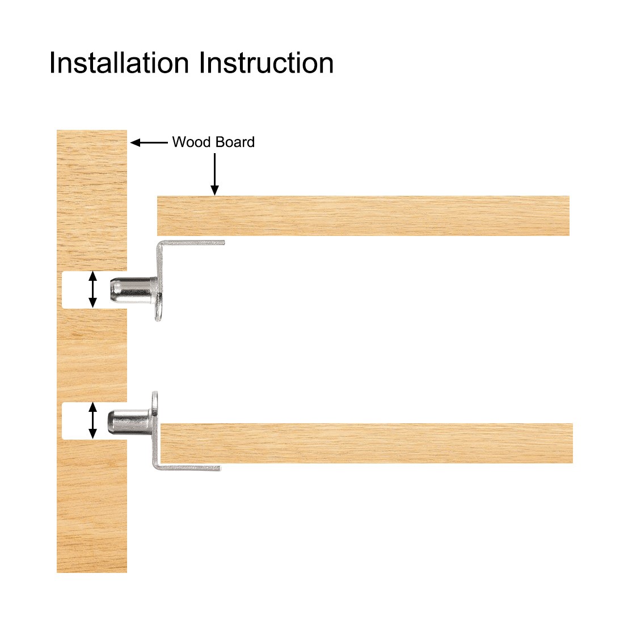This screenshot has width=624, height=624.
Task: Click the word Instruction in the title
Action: tap(267, 62)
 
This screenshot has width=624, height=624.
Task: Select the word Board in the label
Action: tap(234, 142)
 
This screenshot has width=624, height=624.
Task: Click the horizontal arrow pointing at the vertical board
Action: tap(149, 142)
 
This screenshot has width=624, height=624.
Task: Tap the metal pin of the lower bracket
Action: tap(128, 421)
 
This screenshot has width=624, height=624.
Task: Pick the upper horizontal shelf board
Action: tap(363, 216)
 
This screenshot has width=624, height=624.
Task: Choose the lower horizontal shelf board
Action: tap(366, 443)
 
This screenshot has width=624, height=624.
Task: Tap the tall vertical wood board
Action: tap(91, 352)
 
